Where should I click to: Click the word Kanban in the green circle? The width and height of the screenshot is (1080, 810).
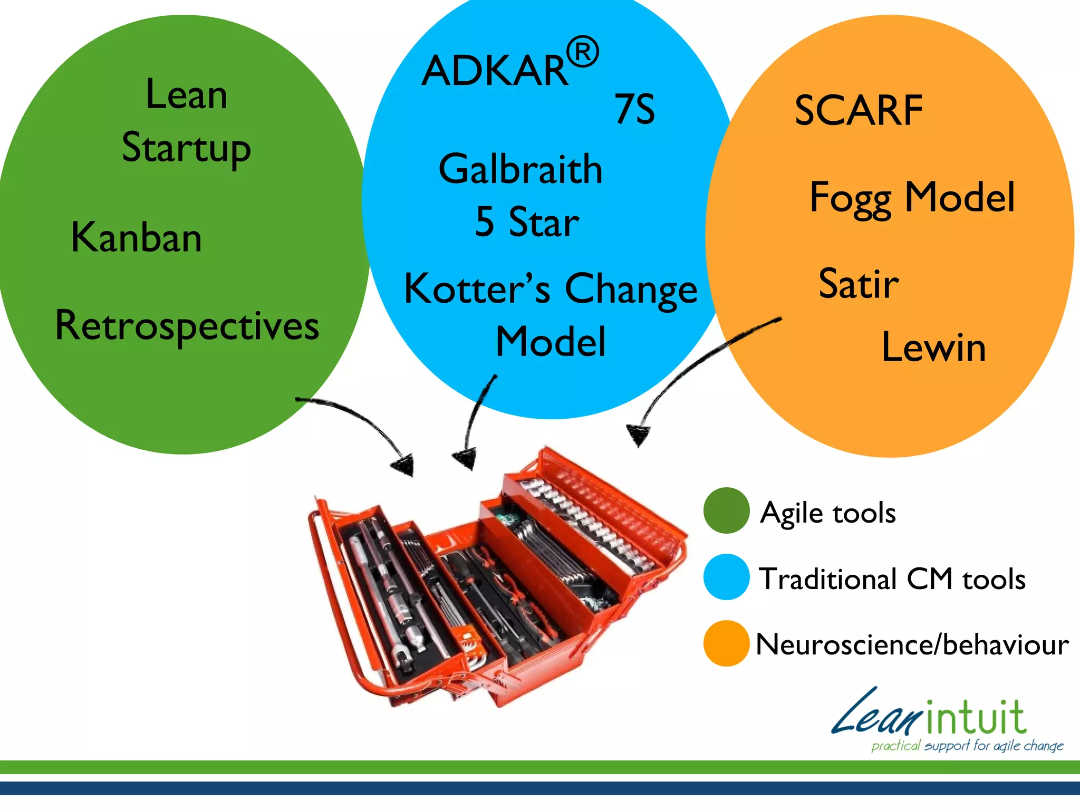click(x=137, y=238)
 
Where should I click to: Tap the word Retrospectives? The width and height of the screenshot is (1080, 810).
click(x=187, y=326)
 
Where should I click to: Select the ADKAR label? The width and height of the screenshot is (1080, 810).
click(x=495, y=71)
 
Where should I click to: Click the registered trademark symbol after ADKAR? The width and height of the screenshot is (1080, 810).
click(x=583, y=52)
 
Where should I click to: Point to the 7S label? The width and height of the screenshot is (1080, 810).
click(x=634, y=109)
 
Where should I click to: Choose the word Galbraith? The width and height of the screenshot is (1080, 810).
click(x=520, y=169)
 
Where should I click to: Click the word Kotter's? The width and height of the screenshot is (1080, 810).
click(x=477, y=290)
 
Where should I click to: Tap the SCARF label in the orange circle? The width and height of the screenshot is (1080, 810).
click(x=859, y=111)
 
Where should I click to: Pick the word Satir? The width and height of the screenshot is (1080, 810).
click(x=859, y=284)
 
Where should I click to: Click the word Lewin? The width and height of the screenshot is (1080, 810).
click(x=933, y=348)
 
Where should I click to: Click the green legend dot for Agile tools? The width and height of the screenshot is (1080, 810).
click(x=726, y=510)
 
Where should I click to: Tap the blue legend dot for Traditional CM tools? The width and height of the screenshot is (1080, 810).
click(x=726, y=577)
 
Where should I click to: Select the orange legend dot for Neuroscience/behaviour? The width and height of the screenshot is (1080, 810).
click(x=726, y=643)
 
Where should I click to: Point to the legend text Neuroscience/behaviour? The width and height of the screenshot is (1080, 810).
click(x=912, y=644)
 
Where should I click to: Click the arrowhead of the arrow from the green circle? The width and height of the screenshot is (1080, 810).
click(x=404, y=466)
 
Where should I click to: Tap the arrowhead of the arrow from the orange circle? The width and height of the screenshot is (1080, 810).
click(x=638, y=436)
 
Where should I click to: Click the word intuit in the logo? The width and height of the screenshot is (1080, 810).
click(x=976, y=718)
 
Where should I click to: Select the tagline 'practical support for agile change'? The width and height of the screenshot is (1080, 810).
click(x=967, y=746)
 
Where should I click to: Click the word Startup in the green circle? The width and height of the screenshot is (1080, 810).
click(x=186, y=148)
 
